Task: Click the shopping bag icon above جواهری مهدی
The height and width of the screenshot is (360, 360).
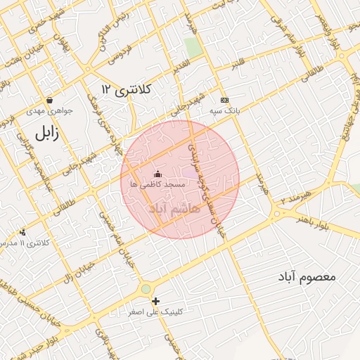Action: (49, 100)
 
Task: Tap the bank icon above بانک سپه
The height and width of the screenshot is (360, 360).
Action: (224, 100)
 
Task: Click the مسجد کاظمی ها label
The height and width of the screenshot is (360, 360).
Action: (157, 184)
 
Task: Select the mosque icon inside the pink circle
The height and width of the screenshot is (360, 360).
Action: (157, 174)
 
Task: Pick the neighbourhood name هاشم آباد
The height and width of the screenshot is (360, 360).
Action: (174, 209)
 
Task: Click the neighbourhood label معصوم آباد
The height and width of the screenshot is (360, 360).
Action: (307, 276)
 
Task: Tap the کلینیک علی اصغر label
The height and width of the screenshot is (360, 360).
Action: (155, 311)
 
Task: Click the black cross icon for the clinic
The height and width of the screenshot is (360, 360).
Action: (155, 301)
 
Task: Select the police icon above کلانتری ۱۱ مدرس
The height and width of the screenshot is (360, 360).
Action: (23, 232)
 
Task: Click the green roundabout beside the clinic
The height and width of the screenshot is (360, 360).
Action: (146, 288)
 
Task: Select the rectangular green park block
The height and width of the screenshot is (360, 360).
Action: (193, 48)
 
